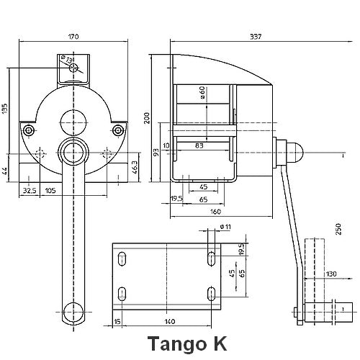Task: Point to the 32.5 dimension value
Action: [29, 192]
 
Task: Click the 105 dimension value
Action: [50, 192]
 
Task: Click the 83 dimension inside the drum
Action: [199, 147]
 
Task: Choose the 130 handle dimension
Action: [330, 274]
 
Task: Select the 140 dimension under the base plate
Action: [170, 322]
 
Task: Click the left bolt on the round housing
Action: [28, 130]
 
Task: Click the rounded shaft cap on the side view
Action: [297, 151]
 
